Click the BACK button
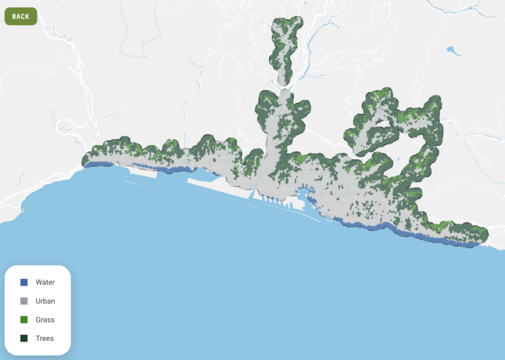[x=20, y=16]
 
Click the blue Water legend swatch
[x=24, y=282]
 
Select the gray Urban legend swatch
[x=24, y=301]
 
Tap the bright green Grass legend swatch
[x=24, y=320]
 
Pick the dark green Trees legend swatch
[x=24, y=338]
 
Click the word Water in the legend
[x=45, y=282]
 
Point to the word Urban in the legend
[x=45, y=301]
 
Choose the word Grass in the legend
[x=45, y=320]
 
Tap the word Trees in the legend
[x=45, y=338]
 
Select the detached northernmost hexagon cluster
[x=285, y=46]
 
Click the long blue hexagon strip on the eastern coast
[x=408, y=232]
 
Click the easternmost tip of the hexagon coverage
[x=487, y=235]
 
